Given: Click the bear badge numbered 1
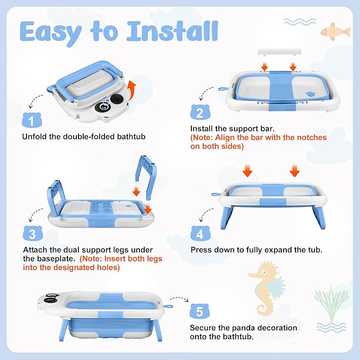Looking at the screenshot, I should pos(33,120).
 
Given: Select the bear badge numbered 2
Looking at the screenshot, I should pos(199,113).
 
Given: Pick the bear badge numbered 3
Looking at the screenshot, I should pos(33,234).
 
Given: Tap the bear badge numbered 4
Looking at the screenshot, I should pos(199,234).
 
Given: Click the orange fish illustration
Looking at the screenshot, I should pos(335,30).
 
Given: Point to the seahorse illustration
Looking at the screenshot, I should pos(266,286).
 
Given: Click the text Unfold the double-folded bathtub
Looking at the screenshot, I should pos(83,136).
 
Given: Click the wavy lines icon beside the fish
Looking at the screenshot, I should pos(301,22).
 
